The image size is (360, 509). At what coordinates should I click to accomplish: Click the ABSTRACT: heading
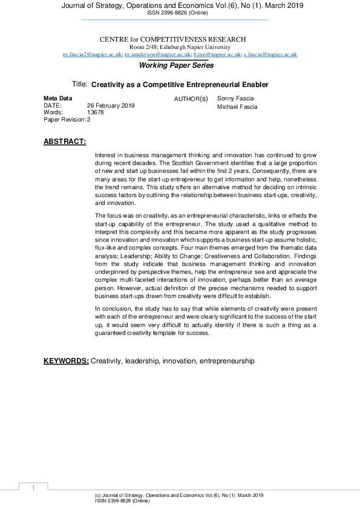pyautogui.click(x=65, y=142)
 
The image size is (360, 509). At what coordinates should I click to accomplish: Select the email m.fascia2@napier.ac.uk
pyautogui.click(x=92, y=54)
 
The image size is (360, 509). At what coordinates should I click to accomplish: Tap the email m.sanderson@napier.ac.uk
pyautogui.click(x=157, y=54)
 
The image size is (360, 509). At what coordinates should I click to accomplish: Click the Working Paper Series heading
pyautogui.click(x=176, y=65)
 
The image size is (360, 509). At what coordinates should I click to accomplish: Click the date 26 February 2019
pyautogui.click(x=111, y=105)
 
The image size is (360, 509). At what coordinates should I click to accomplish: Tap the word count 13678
pyautogui.click(x=96, y=112)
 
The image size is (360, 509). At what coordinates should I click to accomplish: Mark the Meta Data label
pyautogui.click(x=58, y=98)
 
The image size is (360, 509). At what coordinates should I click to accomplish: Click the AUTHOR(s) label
pyautogui.click(x=191, y=99)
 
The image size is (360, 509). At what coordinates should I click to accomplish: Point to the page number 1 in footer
pyautogui.click(x=34, y=488)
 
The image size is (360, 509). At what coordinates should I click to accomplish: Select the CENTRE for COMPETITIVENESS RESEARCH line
pyautogui.click(x=180, y=39)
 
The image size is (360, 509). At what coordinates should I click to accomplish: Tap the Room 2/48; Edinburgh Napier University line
pyautogui.click(x=180, y=47)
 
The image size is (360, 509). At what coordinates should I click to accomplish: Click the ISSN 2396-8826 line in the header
pyautogui.click(x=180, y=12)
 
